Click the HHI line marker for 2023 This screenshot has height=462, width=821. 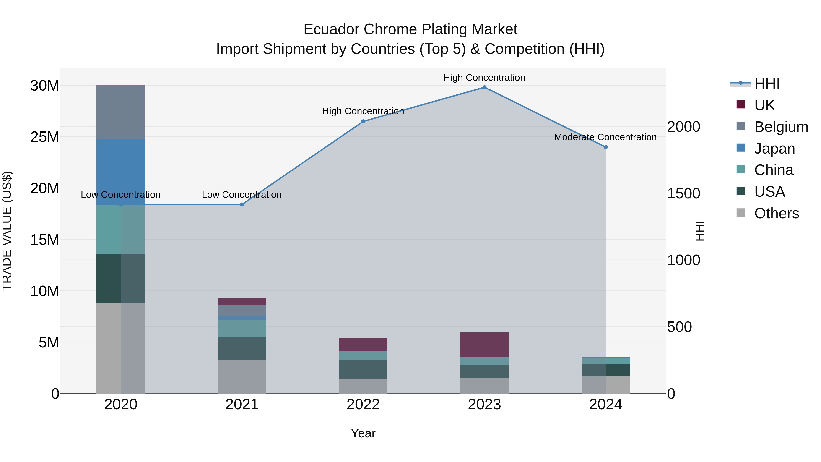(484, 87)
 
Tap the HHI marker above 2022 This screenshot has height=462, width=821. (363, 121)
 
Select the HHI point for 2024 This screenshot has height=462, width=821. (605, 147)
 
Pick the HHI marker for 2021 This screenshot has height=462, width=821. (242, 205)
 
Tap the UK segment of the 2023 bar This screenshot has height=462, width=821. (484, 345)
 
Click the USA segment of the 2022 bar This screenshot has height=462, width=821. (363, 369)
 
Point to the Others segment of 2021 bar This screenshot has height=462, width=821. (242, 377)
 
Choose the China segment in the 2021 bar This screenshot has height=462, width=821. (242, 329)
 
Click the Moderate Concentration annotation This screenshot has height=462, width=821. (605, 137)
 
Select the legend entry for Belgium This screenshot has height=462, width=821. (781, 127)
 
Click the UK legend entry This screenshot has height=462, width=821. (764, 105)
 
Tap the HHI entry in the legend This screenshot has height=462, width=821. (766, 84)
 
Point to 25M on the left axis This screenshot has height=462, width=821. (45, 137)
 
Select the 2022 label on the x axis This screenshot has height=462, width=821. (363, 405)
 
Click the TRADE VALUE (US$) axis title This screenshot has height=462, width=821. (7, 231)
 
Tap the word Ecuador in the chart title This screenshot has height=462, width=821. (331, 29)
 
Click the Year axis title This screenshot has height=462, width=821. (363, 433)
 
